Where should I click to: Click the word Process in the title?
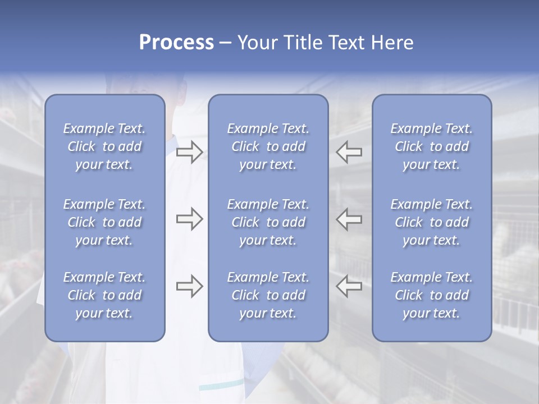coord(176,43)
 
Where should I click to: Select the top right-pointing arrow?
coord(190,152)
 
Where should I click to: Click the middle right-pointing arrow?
coord(190,219)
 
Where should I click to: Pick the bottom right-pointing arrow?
coord(190,286)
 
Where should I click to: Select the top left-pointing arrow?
coord(349,152)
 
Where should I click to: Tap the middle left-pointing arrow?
coord(349,219)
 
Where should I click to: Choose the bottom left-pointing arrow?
coord(349,286)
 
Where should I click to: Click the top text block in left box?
coord(104,146)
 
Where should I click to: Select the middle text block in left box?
coord(104,222)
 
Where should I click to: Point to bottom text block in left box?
coord(104,295)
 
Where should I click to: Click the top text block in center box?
coord(268,146)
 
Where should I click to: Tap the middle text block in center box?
coord(268,222)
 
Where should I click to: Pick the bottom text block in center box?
coord(268,295)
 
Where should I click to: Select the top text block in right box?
coord(431,146)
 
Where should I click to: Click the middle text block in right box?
coord(431,222)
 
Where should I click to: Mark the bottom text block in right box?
coord(431,295)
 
